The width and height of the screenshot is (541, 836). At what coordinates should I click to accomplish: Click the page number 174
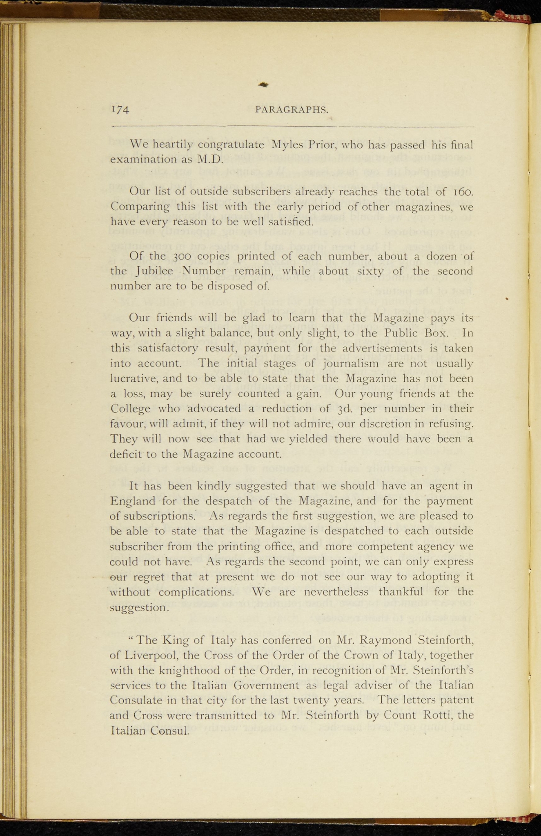120,109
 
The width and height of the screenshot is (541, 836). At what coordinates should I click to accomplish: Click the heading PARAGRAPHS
292,109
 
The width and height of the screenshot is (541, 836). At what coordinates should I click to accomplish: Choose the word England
133,501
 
